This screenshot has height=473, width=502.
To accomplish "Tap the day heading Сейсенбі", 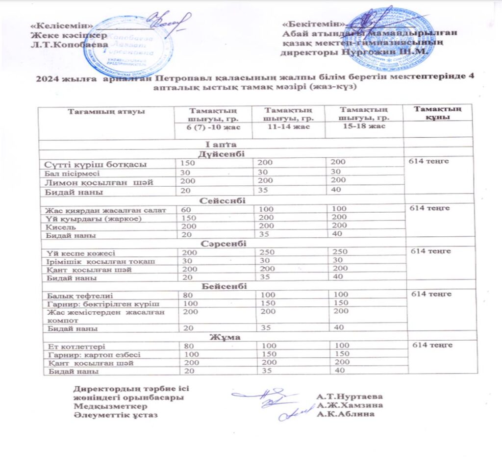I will tap(222, 201).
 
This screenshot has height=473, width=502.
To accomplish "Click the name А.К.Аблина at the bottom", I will tap(345, 415).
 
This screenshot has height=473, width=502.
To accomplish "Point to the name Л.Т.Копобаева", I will tap(69, 44).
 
